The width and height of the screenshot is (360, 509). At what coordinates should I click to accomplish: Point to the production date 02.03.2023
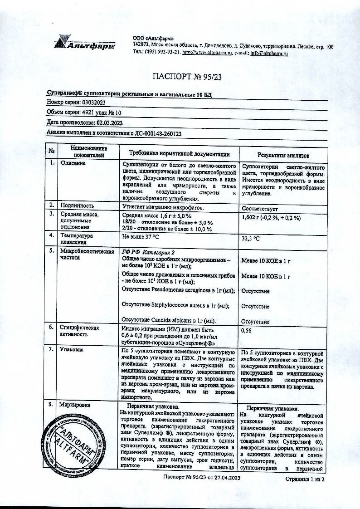(109, 122)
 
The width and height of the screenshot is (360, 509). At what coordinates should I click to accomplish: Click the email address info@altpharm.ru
(269, 54)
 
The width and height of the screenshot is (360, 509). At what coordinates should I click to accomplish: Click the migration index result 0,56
(248, 331)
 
